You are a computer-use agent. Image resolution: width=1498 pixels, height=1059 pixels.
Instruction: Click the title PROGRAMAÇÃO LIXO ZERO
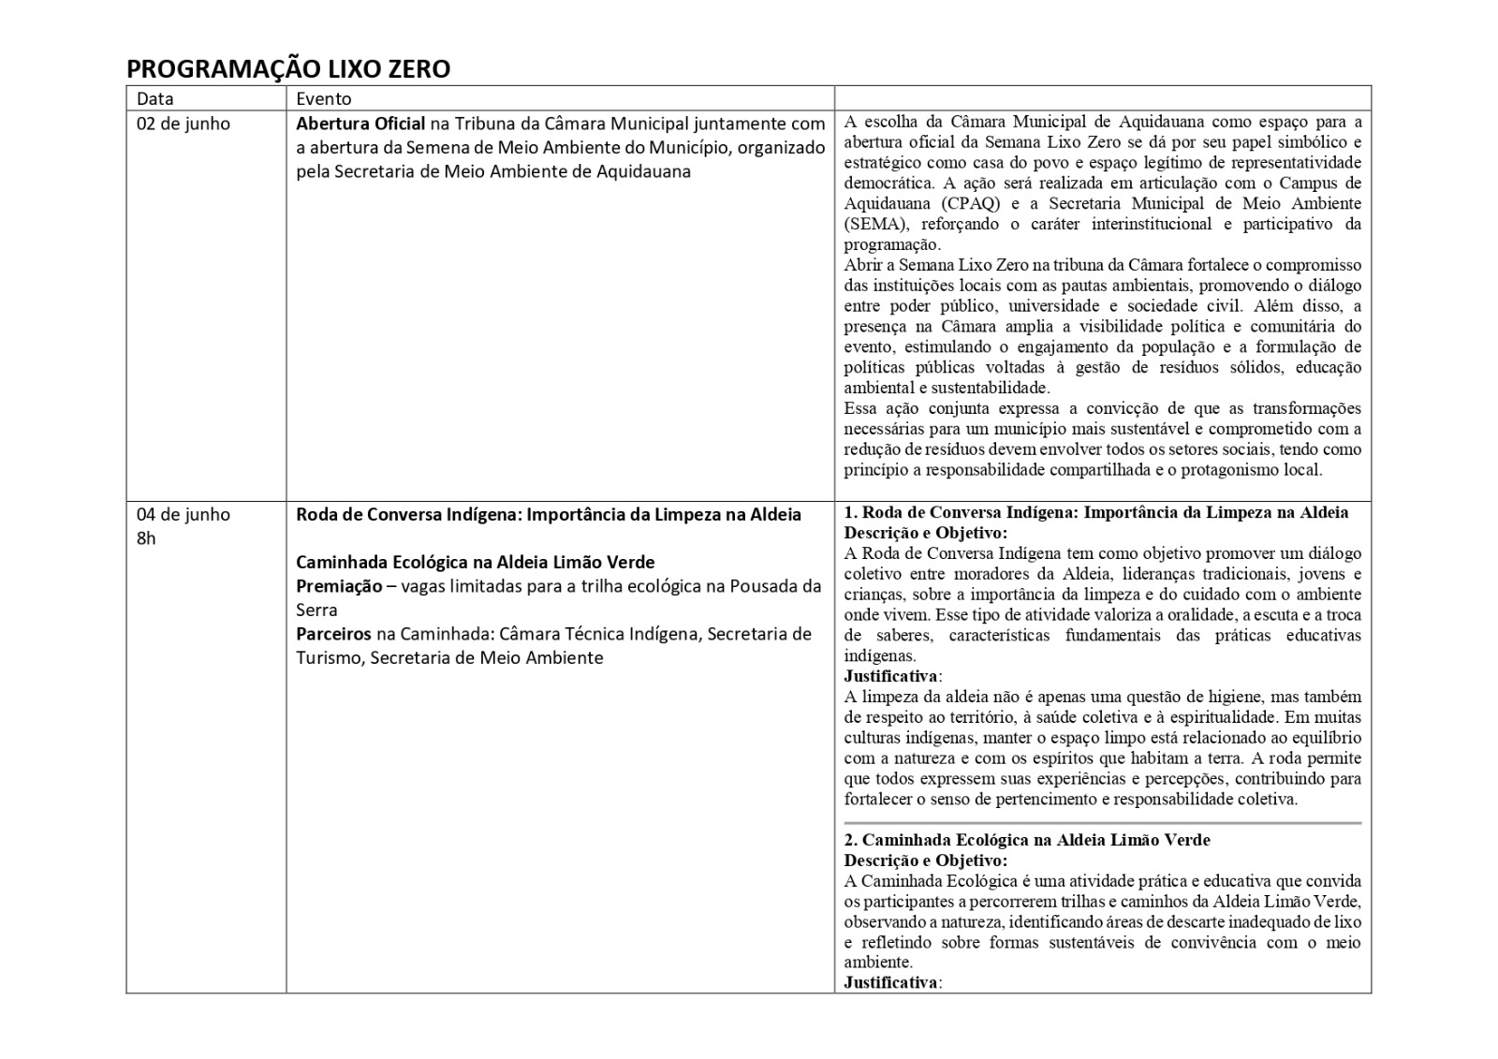click(288, 69)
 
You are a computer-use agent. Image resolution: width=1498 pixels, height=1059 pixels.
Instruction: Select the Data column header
click(155, 98)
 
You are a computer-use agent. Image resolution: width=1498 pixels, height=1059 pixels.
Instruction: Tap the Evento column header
click(324, 98)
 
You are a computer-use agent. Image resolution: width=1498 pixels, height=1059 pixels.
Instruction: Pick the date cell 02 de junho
click(184, 124)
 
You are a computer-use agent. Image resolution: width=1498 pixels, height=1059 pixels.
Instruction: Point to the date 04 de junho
click(184, 514)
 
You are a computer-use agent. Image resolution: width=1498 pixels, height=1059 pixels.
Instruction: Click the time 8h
click(147, 538)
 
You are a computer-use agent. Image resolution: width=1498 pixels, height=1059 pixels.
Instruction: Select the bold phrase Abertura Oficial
click(360, 124)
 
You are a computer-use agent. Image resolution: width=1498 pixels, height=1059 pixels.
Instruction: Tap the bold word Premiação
click(339, 586)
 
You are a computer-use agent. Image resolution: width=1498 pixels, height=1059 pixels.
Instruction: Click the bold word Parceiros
click(333, 634)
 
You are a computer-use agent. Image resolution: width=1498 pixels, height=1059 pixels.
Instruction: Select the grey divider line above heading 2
click(1103, 823)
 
